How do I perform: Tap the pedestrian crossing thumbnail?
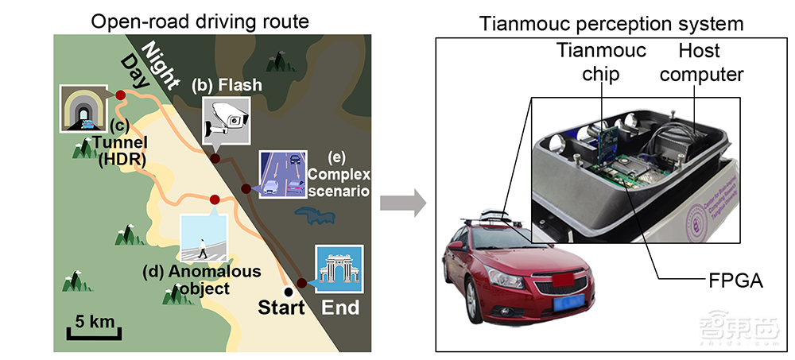click(204, 238)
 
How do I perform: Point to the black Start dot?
click(288, 292)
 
